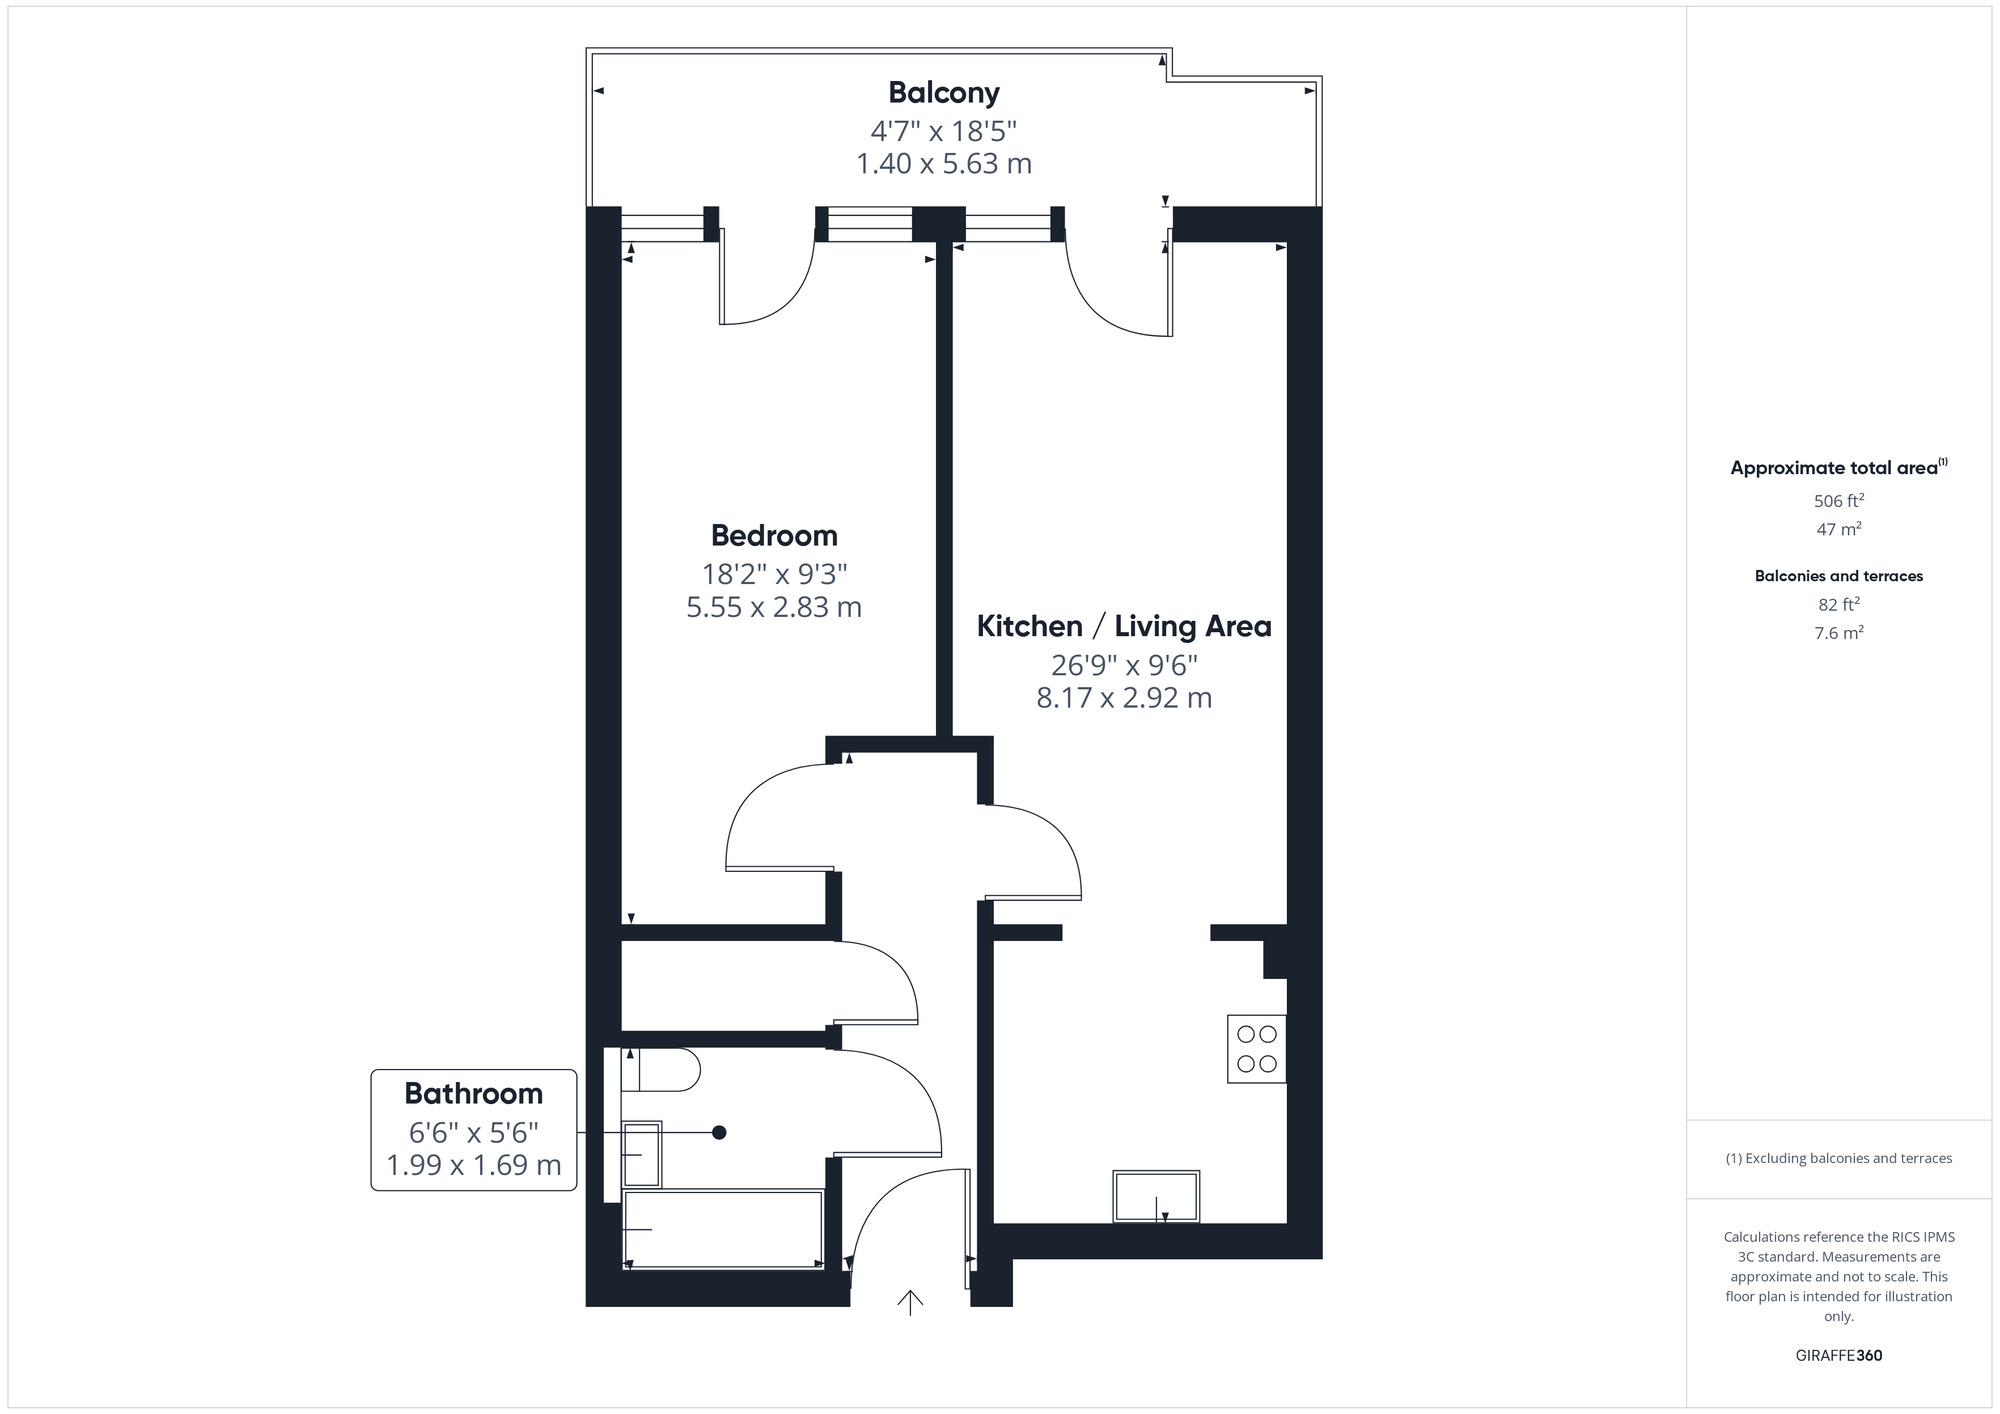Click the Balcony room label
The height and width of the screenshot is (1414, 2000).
943,93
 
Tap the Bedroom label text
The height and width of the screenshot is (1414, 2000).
774,536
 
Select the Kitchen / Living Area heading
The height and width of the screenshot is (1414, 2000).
1124,627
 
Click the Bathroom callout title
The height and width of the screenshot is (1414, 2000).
473,1094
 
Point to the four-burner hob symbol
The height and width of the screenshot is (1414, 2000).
1256,1049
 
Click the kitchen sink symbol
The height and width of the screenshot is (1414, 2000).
1156,1196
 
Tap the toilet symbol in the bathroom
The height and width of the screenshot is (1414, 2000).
660,1070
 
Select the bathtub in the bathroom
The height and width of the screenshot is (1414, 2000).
723,1229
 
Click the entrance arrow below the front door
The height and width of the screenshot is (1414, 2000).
910,1302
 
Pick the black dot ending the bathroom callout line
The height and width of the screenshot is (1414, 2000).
719,1132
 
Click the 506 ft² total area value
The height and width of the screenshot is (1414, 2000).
1838,501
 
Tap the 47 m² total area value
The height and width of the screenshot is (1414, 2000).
1838,529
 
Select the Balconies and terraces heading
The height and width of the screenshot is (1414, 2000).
1838,576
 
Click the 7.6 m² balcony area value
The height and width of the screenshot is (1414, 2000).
1838,633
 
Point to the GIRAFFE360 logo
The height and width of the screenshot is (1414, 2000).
1838,1356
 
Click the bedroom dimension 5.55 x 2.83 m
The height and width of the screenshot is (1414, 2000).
774,607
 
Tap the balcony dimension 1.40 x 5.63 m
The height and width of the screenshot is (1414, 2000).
943,164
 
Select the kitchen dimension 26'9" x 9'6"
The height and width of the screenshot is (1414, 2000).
1124,665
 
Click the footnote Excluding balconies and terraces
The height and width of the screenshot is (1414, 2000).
1838,1158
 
